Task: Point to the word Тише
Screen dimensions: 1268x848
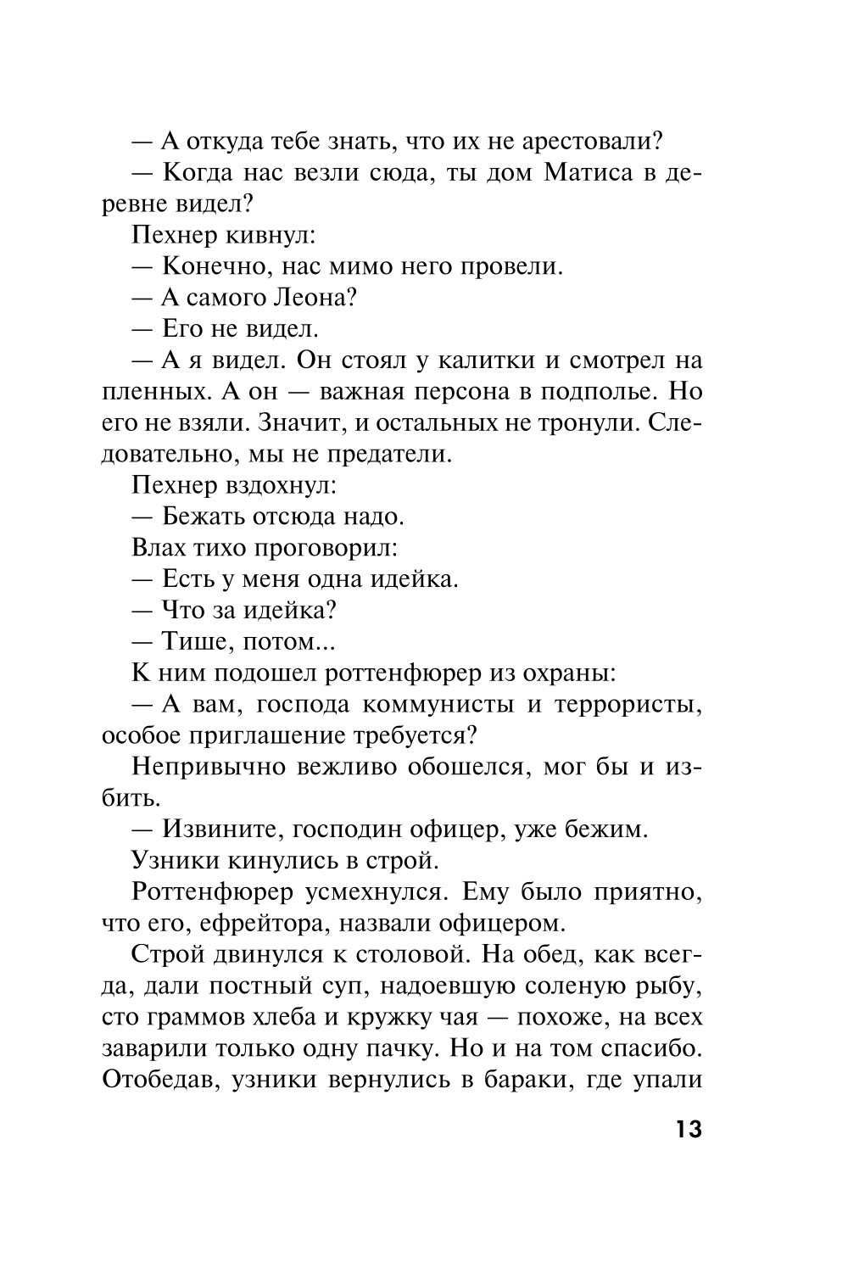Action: (192, 642)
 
